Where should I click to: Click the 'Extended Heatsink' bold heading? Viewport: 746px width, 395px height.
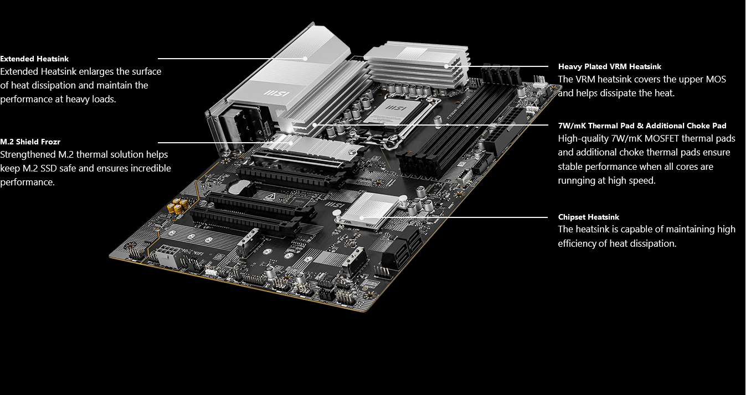[34, 59]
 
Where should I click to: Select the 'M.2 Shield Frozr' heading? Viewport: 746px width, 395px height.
[30, 142]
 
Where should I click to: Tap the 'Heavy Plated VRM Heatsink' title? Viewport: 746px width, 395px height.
[609, 66]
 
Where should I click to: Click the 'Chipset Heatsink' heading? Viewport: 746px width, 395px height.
[589, 217]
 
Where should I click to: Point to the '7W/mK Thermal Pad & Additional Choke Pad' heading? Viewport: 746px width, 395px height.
[642, 126]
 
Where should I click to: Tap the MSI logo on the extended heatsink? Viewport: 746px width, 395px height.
[277, 93]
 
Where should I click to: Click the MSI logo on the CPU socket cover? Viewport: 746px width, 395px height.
[395, 108]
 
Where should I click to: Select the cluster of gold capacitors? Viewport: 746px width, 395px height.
[178, 205]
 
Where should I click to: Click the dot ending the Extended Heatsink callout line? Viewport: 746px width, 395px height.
[305, 59]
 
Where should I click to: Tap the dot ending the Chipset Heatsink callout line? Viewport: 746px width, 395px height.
[362, 218]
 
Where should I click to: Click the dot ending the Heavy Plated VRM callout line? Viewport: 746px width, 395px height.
[446, 66]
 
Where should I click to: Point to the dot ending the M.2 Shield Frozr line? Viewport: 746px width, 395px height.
[291, 143]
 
